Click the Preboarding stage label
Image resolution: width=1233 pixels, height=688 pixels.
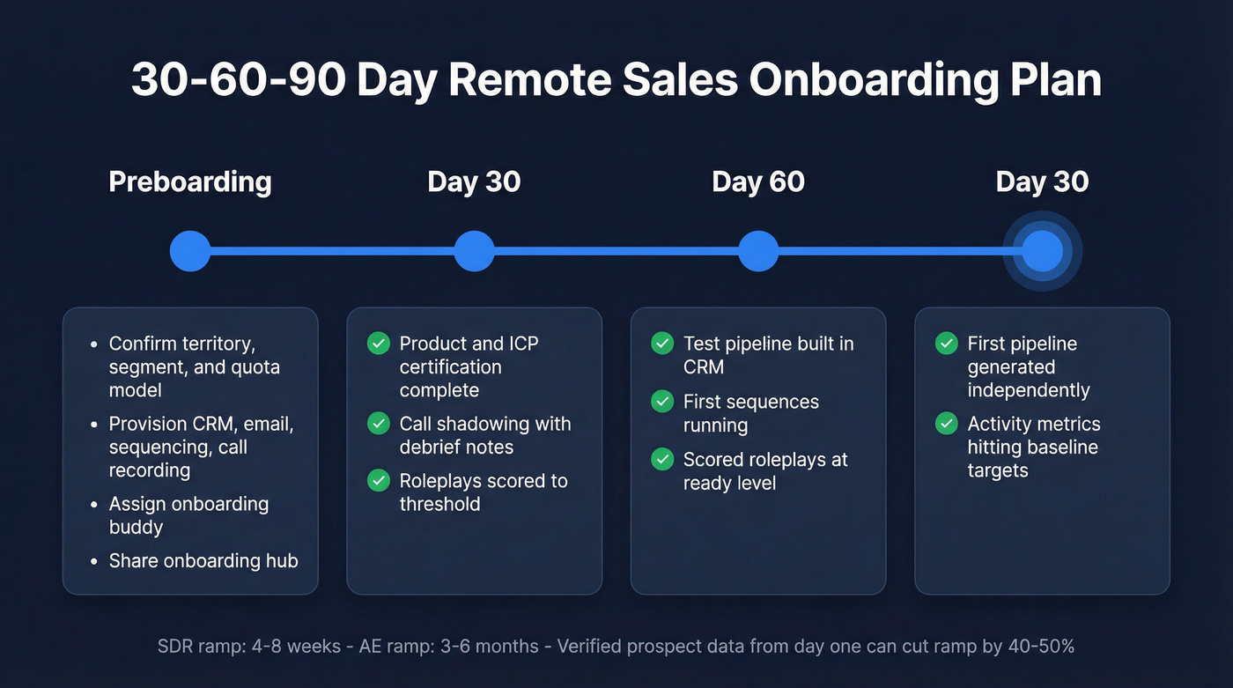[x=190, y=182]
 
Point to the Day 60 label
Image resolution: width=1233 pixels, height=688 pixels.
[x=757, y=182]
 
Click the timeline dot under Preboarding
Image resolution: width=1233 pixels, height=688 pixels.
[x=190, y=251]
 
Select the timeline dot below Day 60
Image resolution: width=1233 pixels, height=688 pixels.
[x=758, y=251]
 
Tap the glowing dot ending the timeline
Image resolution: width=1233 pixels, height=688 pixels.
[x=1042, y=251]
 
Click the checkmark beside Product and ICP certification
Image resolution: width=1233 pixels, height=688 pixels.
[x=379, y=344]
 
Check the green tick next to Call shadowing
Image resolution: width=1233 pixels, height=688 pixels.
[x=379, y=424]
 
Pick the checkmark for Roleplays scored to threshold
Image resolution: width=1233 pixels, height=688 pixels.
[x=379, y=481]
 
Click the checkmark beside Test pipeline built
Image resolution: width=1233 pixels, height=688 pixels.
[x=662, y=344]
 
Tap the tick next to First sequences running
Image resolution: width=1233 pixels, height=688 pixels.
[x=662, y=402]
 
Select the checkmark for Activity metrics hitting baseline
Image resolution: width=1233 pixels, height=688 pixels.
[x=947, y=424]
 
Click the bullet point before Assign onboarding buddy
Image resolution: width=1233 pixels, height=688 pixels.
[x=94, y=505]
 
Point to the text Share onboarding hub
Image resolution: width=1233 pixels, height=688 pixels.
[x=203, y=561]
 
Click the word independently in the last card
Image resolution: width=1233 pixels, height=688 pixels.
[x=1029, y=390]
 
